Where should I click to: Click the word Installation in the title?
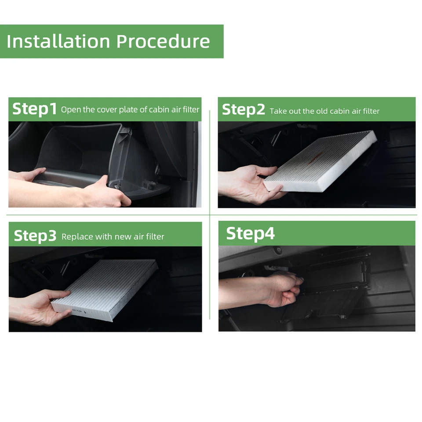pyautogui.click(x=58, y=41)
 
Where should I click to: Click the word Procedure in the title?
pyautogui.click(x=163, y=41)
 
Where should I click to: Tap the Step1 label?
pyautogui.click(x=34, y=109)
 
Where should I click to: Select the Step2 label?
pyautogui.click(x=243, y=110)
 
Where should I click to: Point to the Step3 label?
pyautogui.click(x=35, y=236)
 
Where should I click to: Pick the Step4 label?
pyautogui.click(x=250, y=233)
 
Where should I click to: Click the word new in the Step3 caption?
pyautogui.click(x=123, y=237)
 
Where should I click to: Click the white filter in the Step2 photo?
pyautogui.click(x=320, y=160)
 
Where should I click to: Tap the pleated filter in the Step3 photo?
pyautogui.click(x=105, y=290)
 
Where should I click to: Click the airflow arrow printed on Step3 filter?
pyautogui.click(x=85, y=312)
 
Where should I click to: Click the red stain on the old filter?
pyautogui.click(x=316, y=158)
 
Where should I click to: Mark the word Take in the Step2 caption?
pyautogui.click(x=278, y=111)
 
